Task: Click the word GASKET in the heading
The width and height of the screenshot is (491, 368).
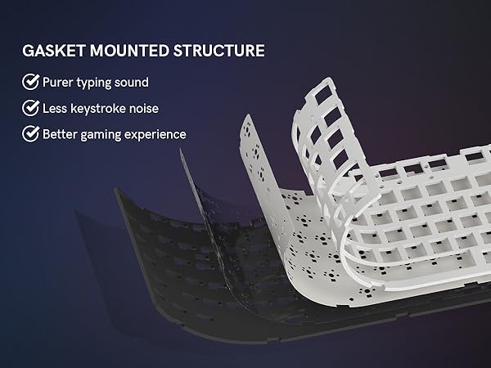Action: click(x=50, y=51)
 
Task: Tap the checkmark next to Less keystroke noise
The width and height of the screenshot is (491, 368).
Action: click(x=30, y=107)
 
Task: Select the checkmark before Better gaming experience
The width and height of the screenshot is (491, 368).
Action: click(x=30, y=133)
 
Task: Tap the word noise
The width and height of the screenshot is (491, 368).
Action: click(x=160, y=107)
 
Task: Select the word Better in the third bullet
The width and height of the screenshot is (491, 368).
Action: click(x=61, y=133)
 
